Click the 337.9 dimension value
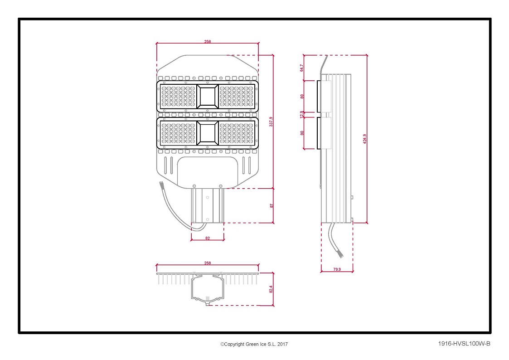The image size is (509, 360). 271,122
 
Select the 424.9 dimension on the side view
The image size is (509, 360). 364,139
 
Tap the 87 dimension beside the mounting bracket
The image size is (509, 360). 271,206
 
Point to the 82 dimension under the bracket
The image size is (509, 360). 208,238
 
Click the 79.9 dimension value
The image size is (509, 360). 337,269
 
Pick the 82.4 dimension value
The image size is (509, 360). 271,289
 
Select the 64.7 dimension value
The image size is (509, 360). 301,68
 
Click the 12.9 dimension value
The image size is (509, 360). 301,114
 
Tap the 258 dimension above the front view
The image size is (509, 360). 208,41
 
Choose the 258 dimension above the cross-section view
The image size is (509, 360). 208,263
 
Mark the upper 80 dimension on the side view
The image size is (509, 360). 302,97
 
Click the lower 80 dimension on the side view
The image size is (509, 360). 302,133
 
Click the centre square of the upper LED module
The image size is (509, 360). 208,97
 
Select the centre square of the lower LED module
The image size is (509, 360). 208,133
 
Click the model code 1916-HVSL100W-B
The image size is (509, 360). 464,343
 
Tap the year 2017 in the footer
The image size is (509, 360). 282,344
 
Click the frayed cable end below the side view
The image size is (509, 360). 340,254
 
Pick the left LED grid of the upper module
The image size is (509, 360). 178,97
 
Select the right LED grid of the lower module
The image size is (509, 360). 237,133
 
